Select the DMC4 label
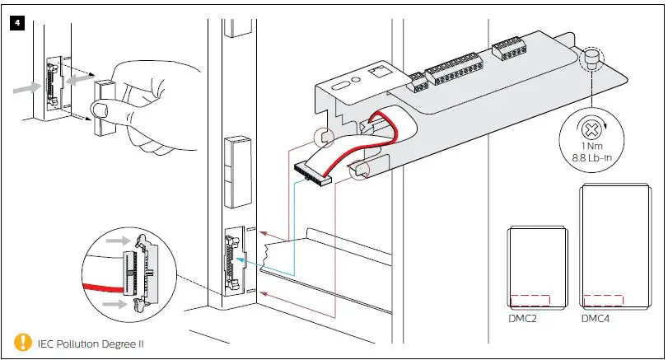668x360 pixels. click(596, 318)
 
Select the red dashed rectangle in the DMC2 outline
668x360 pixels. click(530, 300)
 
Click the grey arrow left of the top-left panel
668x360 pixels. click(26, 86)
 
